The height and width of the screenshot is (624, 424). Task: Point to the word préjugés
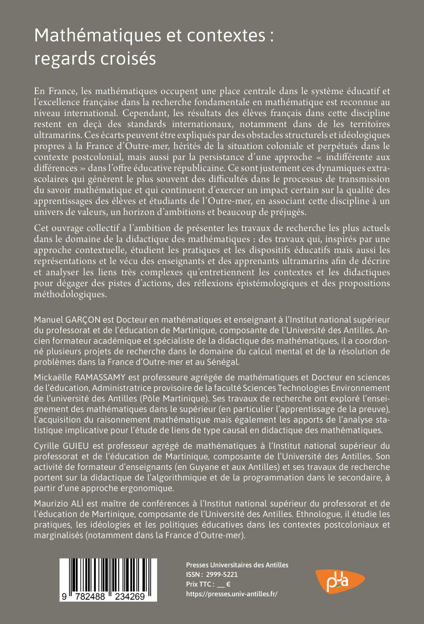tap(288, 212)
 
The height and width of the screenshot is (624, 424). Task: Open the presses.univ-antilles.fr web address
tap(232, 594)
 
